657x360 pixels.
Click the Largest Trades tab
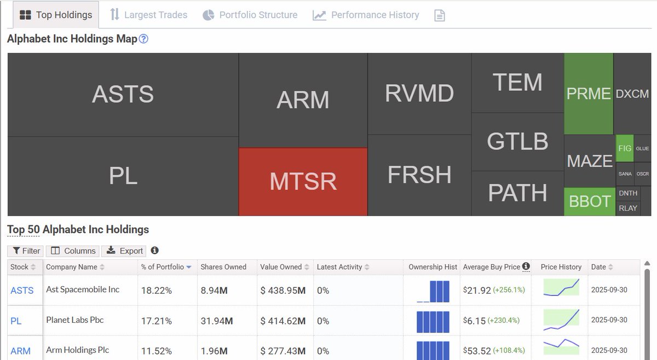[x=148, y=15]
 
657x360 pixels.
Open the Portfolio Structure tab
[x=250, y=15]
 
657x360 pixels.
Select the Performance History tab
[x=366, y=15]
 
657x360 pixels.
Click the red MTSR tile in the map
[x=303, y=181]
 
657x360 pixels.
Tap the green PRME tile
[x=589, y=94]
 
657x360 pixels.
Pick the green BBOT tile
[x=590, y=201]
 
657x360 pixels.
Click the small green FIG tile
[x=625, y=148]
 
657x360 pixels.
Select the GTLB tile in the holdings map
[x=517, y=142]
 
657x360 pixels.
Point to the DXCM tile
[x=632, y=94]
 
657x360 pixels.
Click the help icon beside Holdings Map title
[x=143, y=39]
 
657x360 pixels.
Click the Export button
[x=125, y=251]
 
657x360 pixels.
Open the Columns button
[x=73, y=251]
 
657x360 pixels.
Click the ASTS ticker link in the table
[x=22, y=291]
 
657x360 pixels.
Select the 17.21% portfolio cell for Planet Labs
[x=156, y=321]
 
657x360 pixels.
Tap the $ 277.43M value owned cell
[x=283, y=351]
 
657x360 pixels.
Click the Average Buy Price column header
[x=492, y=267]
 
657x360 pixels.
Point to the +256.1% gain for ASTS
[x=509, y=290]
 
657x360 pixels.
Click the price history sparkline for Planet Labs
[x=561, y=320]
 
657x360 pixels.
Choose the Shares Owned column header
[x=223, y=267]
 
